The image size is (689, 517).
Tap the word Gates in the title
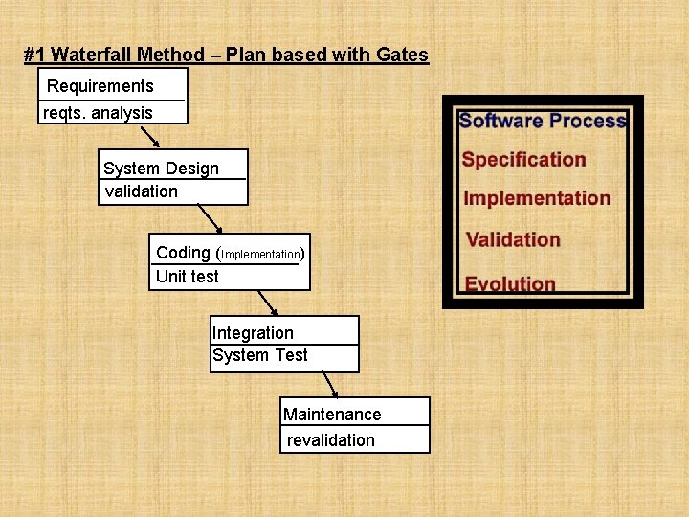click(x=402, y=56)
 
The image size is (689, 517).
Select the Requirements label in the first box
click(x=100, y=86)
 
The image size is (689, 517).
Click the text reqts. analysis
click(x=98, y=113)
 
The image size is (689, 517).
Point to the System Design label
click(x=161, y=169)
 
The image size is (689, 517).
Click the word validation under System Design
click(x=141, y=191)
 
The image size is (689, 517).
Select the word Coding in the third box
click(x=183, y=253)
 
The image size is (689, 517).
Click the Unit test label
click(x=187, y=277)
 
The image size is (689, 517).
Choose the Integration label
click(x=253, y=333)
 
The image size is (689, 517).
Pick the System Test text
click(x=259, y=355)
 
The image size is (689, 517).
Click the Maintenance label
click(x=331, y=415)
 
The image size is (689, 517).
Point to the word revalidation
click(x=330, y=440)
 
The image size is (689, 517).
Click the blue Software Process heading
click(x=542, y=121)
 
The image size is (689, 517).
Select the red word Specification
click(x=523, y=160)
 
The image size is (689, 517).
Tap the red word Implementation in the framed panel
click(x=536, y=199)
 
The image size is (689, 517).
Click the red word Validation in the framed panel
click(x=513, y=239)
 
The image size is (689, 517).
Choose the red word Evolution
click(x=510, y=283)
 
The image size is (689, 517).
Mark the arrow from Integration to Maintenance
click(x=327, y=384)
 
